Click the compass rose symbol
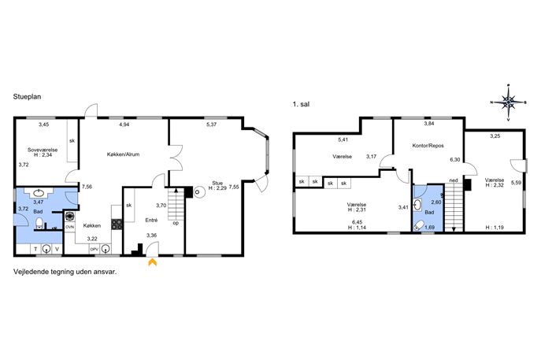point(508,102)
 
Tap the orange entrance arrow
point(152,262)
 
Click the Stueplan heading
point(28,97)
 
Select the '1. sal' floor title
point(301,104)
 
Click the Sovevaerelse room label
point(43,150)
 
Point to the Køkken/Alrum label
point(123,154)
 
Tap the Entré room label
point(151,220)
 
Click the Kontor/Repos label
point(428,146)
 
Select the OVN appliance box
point(70,227)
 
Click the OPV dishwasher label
point(94,249)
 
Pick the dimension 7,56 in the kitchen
point(87,187)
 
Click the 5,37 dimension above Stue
point(211,124)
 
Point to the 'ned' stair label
point(454,180)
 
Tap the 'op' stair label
point(176,223)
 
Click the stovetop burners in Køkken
point(117,225)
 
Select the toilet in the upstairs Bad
point(418,226)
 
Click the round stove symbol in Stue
point(199,191)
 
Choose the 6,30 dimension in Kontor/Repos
point(455,160)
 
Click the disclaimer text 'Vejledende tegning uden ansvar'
point(65,272)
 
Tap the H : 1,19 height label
point(495,228)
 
